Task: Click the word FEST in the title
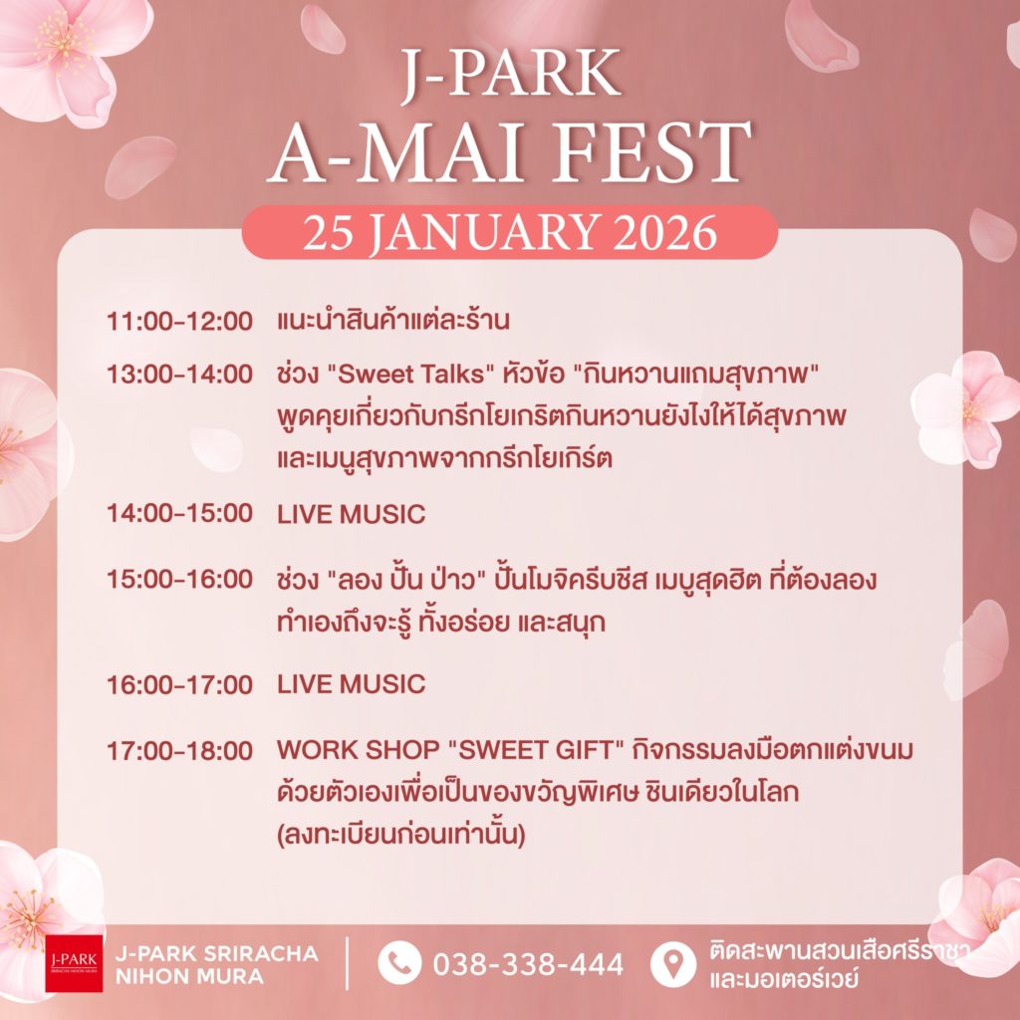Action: (651, 151)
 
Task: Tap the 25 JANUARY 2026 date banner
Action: (509, 232)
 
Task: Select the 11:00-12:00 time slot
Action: (179, 322)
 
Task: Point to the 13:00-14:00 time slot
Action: (179, 375)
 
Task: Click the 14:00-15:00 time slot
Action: (179, 513)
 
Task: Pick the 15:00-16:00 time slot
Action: (179, 580)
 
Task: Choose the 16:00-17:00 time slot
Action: (179, 685)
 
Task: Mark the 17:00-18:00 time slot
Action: (179, 751)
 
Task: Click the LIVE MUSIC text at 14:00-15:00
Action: (352, 515)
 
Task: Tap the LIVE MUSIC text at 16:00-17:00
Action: (352, 684)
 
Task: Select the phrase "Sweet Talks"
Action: (411, 375)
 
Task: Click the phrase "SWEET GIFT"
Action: (537, 750)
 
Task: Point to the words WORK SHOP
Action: (359, 750)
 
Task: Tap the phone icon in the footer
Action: (399, 963)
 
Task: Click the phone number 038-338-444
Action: (528, 964)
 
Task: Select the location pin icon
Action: (673, 963)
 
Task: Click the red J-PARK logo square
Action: (74, 963)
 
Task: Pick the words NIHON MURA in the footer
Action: (189, 976)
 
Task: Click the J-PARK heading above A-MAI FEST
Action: (510, 72)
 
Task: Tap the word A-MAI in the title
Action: (395, 151)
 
